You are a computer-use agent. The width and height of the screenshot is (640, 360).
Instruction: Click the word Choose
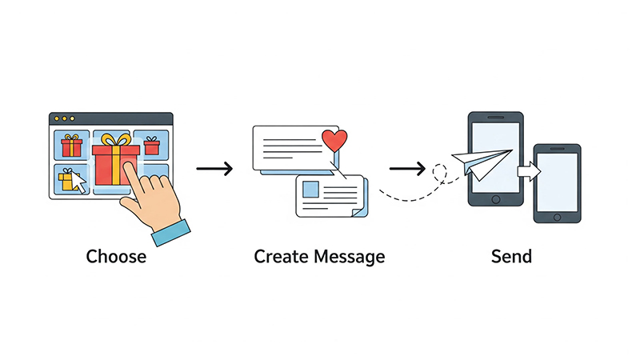(116, 256)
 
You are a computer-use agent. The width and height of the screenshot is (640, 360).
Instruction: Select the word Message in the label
(350, 257)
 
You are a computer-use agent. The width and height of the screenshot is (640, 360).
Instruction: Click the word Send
(511, 256)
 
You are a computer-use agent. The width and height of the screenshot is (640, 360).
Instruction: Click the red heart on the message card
(334, 141)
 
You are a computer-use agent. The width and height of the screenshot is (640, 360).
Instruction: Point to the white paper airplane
(482, 164)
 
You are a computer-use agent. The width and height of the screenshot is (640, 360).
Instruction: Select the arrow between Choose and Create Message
(214, 168)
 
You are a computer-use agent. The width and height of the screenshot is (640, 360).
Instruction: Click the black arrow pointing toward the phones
(407, 168)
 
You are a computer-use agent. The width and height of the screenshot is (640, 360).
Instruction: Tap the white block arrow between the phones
(530, 171)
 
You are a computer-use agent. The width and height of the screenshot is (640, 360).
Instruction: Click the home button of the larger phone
(496, 199)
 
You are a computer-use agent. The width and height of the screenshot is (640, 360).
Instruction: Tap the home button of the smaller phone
(557, 218)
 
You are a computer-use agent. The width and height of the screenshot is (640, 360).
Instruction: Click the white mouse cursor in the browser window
(78, 182)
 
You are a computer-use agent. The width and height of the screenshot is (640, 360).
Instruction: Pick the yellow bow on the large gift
(116, 140)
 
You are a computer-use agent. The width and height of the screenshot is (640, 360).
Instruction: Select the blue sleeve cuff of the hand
(171, 233)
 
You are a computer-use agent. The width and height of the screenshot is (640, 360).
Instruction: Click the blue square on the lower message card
(310, 190)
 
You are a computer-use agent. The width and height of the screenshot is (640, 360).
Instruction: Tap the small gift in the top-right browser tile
(152, 146)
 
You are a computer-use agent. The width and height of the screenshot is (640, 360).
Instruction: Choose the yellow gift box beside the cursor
(68, 180)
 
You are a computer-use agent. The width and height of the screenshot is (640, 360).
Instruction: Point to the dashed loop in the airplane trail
(439, 173)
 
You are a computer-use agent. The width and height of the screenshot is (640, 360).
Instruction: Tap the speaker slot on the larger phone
(495, 118)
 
